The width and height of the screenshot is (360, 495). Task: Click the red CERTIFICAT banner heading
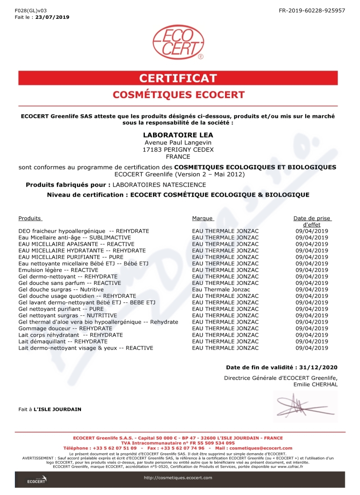pyautogui.click(x=178, y=78)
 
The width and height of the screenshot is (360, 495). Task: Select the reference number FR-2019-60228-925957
pyautogui.click(x=312, y=10)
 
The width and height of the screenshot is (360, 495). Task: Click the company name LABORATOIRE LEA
pyautogui.click(x=178, y=135)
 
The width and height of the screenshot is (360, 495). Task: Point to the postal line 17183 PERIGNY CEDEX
pyautogui.click(x=178, y=149)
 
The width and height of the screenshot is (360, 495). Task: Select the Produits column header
pyautogui.click(x=30, y=218)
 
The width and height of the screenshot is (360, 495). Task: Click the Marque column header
pyautogui.click(x=202, y=218)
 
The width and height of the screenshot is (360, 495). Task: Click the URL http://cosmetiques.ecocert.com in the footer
pyautogui.click(x=178, y=477)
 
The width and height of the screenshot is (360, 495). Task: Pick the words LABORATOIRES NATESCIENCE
pyautogui.click(x=159, y=184)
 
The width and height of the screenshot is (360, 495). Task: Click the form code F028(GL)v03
pyautogui.click(x=30, y=10)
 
